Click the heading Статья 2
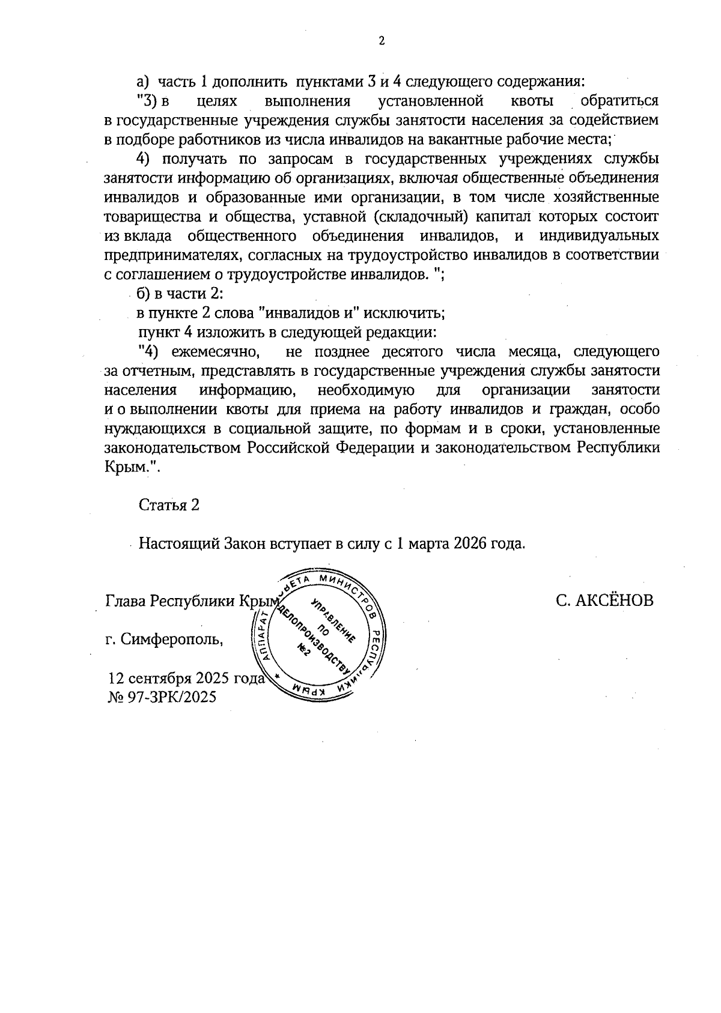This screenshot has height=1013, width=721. tap(169, 505)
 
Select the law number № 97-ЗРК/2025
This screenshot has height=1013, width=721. tap(160, 697)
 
